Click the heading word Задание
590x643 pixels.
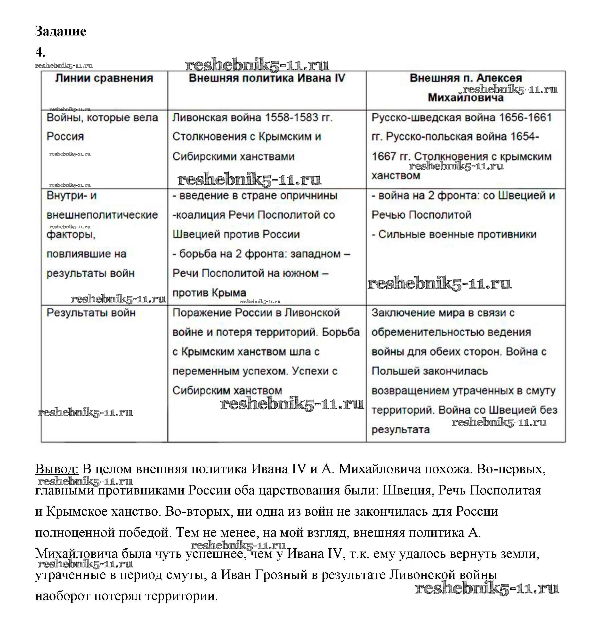pyautogui.click(x=61, y=31)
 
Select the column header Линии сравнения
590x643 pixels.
pyautogui.click(x=104, y=78)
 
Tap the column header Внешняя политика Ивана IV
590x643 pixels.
pyautogui.click(x=267, y=78)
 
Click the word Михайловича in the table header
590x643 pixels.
pyautogui.click(x=466, y=98)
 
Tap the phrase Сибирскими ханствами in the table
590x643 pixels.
pyautogui.click(x=233, y=157)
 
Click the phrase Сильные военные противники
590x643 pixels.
pyautogui.click(x=457, y=234)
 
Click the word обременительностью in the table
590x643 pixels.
pyautogui.click(x=451, y=332)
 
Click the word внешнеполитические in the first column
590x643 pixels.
pyautogui.click(x=102, y=215)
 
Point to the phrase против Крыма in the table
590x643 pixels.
pyautogui.click(x=209, y=293)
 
